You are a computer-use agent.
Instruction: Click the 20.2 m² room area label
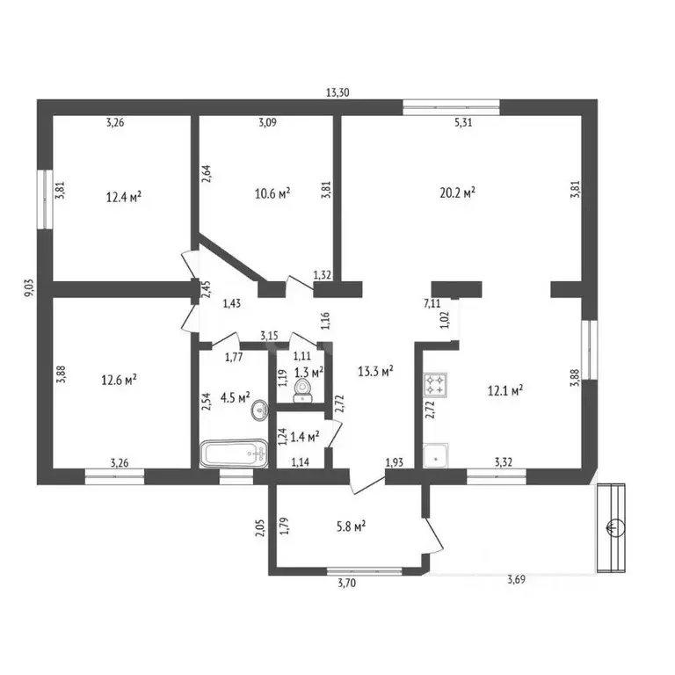pos(457,192)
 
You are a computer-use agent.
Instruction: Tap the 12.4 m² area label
pos(124,197)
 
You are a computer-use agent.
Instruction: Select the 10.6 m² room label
pos(272,192)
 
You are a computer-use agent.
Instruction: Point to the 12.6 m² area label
pos(119,380)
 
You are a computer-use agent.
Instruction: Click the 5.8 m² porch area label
pos(352,526)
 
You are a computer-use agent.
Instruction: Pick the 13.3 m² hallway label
pos(375,371)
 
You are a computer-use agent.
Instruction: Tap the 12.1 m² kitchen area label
pos(505,390)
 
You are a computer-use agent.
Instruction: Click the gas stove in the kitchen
pos(435,384)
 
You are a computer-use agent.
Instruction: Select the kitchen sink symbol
pos(436,455)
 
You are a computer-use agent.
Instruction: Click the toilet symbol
pos(302,390)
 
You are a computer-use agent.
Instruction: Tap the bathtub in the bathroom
pos(234,454)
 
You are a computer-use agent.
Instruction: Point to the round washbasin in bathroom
pos(259,410)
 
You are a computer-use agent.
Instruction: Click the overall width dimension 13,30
pos(337,92)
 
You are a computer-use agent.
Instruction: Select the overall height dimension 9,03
pos(29,287)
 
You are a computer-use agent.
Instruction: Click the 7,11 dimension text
pos(432,303)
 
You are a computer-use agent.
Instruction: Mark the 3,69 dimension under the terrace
pos(516,579)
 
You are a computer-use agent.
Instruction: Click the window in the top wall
pos(451,107)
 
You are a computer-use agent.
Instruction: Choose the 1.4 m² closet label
pos(305,437)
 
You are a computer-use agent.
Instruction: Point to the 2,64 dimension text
pos(206,174)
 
